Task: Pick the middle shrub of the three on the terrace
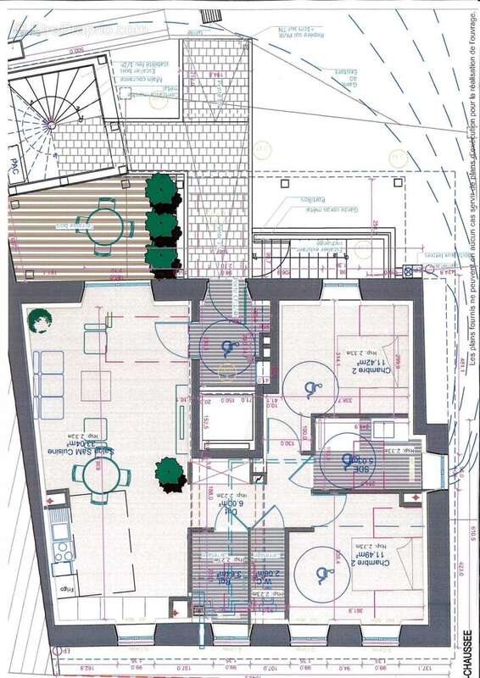[x=162, y=225]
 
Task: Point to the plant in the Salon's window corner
[x=36, y=320]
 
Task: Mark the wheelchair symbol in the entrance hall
[x=227, y=347]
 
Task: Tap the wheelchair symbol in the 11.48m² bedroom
[x=322, y=576]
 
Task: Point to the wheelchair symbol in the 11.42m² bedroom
[x=310, y=387]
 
